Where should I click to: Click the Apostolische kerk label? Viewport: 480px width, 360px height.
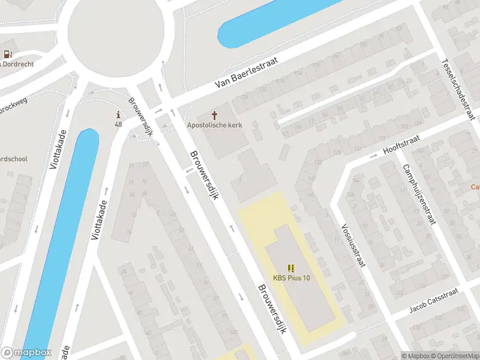[x=215, y=125]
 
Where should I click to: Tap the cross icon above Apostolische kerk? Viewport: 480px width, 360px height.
[x=215, y=115]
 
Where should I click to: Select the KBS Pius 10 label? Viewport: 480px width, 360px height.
[x=292, y=277]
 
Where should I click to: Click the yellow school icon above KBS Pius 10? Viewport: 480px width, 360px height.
[x=292, y=268]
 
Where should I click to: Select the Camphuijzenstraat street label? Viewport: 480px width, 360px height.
[x=418, y=193]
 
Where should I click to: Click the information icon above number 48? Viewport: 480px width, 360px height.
[x=119, y=115]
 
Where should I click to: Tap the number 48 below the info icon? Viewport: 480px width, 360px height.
[x=119, y=124]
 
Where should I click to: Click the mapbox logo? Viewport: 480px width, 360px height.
[x=26, y=353]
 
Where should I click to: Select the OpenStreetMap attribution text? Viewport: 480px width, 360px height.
[x=454, y=356]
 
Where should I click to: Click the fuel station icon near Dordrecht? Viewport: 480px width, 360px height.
[x=7, y=54]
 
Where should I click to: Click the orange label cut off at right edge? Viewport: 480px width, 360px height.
[x=475, y=187]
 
